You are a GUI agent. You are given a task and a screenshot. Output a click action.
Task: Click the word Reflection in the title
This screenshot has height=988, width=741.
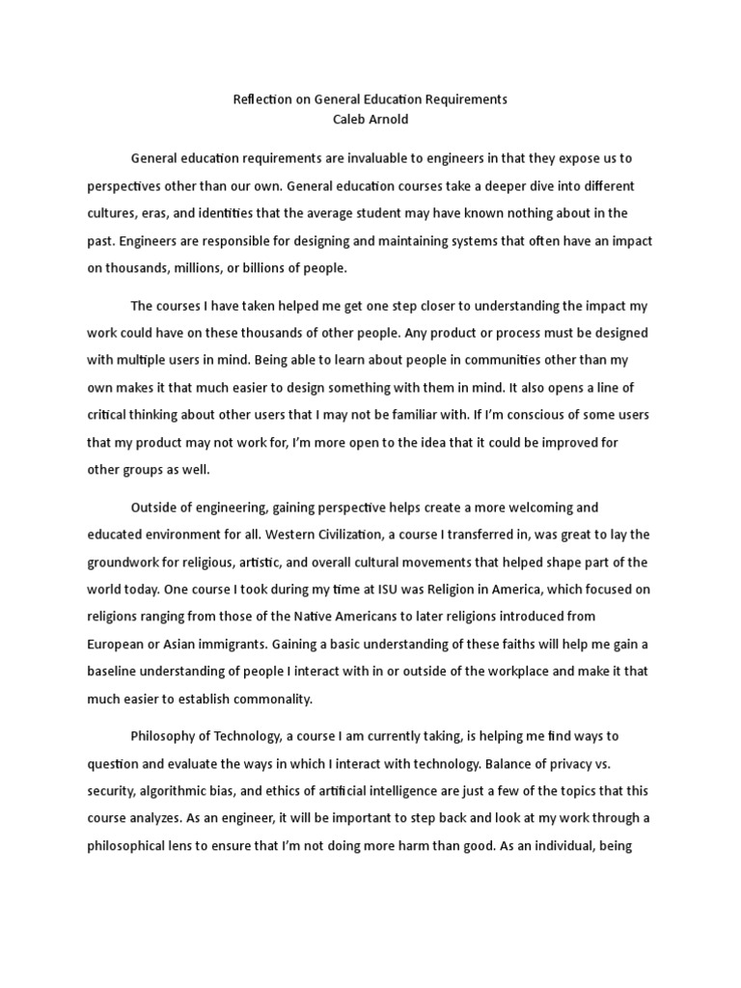(x=262, y=99)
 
